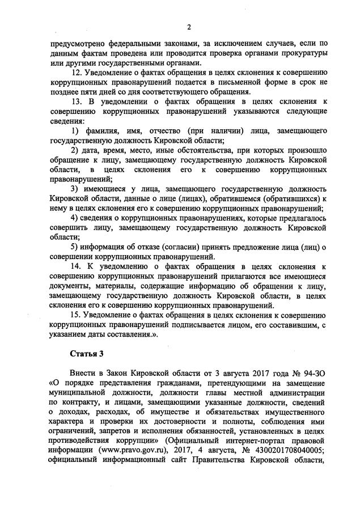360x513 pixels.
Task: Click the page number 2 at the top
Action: coord(188,27)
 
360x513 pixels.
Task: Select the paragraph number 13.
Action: coord(75,101)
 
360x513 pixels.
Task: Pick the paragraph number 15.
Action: coord(75,315)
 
